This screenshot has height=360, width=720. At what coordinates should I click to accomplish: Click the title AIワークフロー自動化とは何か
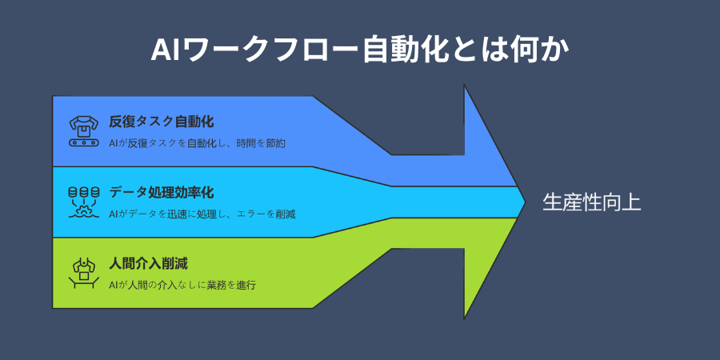pyautogui.click(x=360, y=50)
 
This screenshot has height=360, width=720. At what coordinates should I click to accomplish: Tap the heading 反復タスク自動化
pyautogui.click(x=162, y=122)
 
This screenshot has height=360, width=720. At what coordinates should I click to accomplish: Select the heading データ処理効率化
pyautogui.click(x=162, y=193)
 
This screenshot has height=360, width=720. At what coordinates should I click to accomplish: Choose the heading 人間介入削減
pyautogui.click(x=149, y=263)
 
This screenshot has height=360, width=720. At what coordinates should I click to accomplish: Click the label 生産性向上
pyautogui.click(x=592, y=202)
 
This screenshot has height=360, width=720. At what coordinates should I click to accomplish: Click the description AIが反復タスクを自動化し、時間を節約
pyautogui.click(x=197, y=143)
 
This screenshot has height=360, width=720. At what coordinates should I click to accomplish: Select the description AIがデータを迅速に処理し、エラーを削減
pyautogui.click(x=202, y=214)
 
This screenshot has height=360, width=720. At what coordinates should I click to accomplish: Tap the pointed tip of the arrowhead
pyautogui.click(x=524, y=202)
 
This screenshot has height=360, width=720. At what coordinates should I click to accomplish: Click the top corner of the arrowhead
pyautogui.click(x=465, y=86)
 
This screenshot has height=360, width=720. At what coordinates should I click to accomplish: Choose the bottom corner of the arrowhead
pyautogui.click(x=465, y=318)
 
